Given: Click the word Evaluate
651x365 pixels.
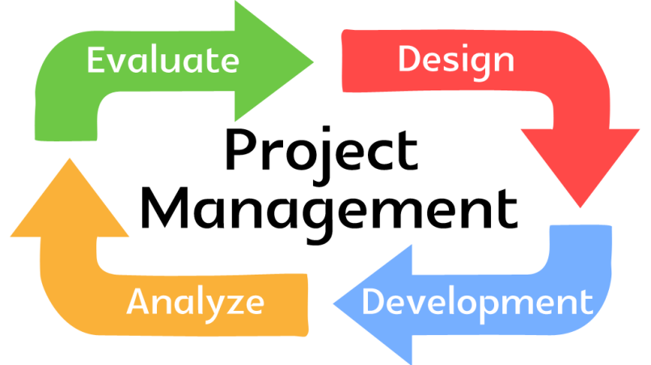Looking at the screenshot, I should point(163,61).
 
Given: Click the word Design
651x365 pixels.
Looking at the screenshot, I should point(455,59).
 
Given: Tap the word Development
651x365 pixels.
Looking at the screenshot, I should point(476,303).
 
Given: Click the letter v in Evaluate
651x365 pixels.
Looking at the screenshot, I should point(118,63).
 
